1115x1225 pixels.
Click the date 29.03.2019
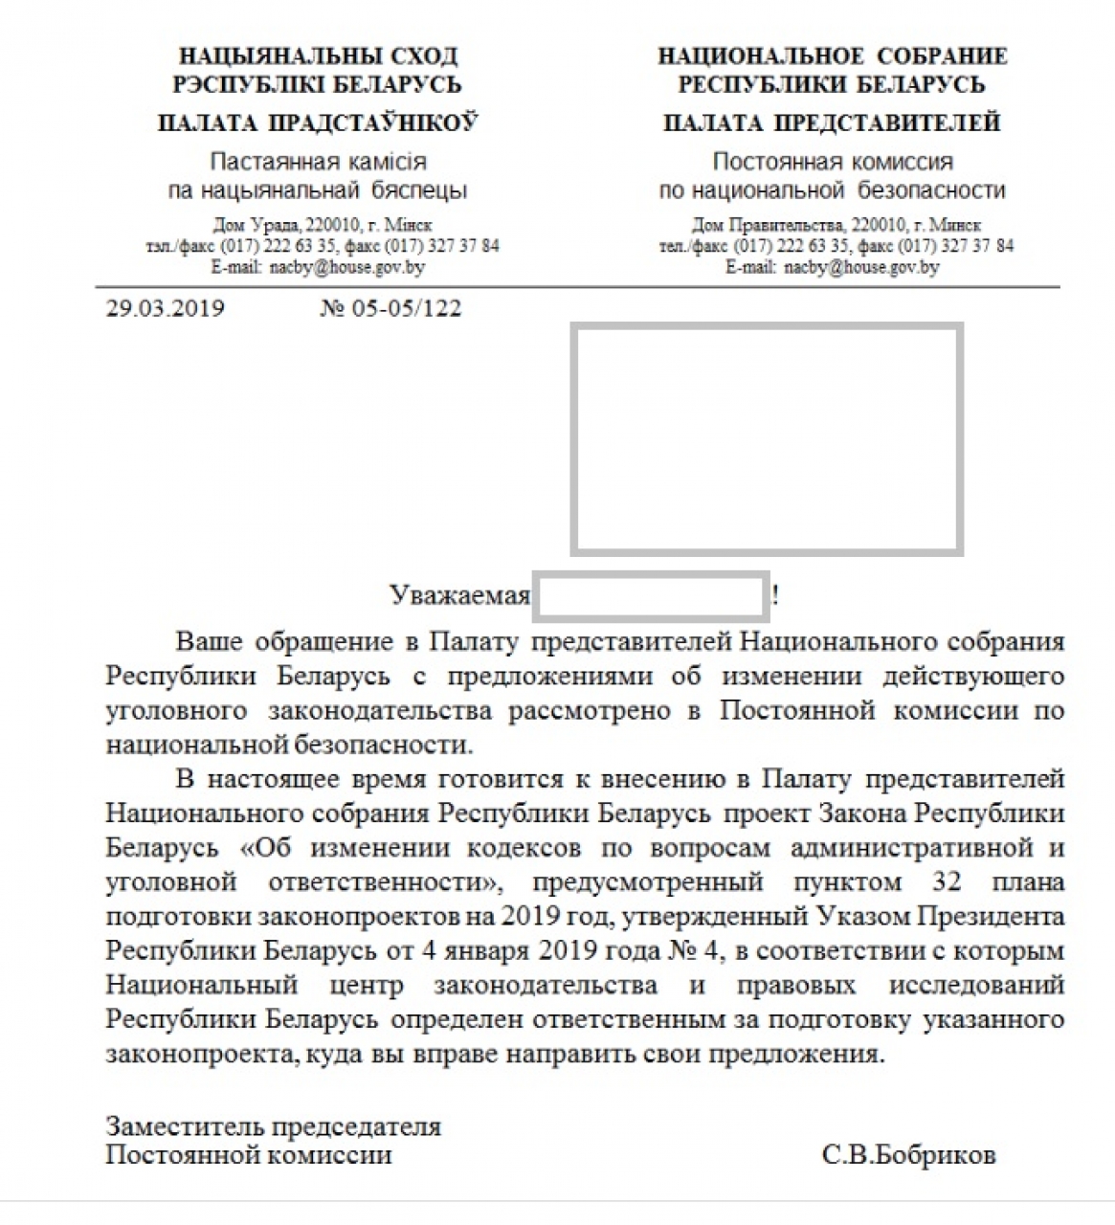click(x=165, y=309)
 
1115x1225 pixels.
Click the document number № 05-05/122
click(x=390, y=309)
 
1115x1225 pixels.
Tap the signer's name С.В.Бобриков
click(x=908, y=1155)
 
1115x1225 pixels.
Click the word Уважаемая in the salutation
click(x=459, y=595)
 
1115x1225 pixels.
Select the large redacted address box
click(x=766, y=438)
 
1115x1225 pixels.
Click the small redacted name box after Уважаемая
click(x=651, y=595)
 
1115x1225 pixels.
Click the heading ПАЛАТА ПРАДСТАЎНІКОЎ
click(x=317, y=123)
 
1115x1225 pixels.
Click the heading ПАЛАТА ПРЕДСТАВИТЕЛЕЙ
click(x=832, y=123)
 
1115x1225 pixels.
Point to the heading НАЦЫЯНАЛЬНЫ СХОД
click(x=318, y=56)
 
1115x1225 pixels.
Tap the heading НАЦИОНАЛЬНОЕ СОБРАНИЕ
click(x=832, y=56)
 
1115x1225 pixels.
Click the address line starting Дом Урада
click(x=323, y=226)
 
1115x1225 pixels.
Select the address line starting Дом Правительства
click(x=836, y=226)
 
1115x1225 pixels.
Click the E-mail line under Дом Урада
click(x=318, y=267)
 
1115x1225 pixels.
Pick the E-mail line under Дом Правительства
click(x=832, y=267)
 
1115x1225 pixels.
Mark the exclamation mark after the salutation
click(x=775, y=595)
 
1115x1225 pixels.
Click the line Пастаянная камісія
click(x=318, y=162)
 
